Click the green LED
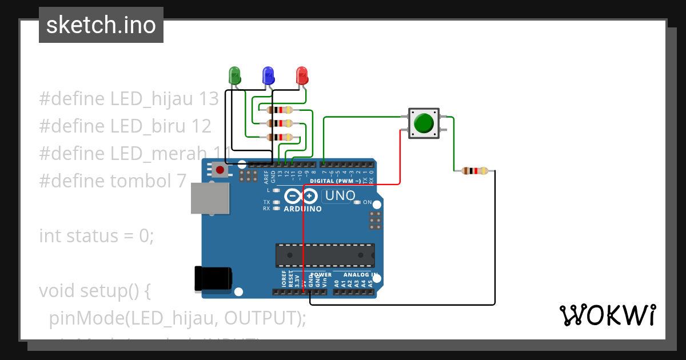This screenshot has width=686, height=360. coord(234,75)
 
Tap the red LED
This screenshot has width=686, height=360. coord(302,75)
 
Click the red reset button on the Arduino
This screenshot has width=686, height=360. coord(220,169)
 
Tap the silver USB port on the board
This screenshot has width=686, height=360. coord(209,199)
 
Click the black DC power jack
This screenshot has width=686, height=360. coord(213,278)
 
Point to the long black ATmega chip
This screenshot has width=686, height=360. coord(325,255)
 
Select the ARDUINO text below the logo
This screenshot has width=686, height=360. coord(303,209)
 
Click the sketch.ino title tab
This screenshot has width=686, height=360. coord(101,25)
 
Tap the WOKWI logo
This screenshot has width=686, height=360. coord(607,315)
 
